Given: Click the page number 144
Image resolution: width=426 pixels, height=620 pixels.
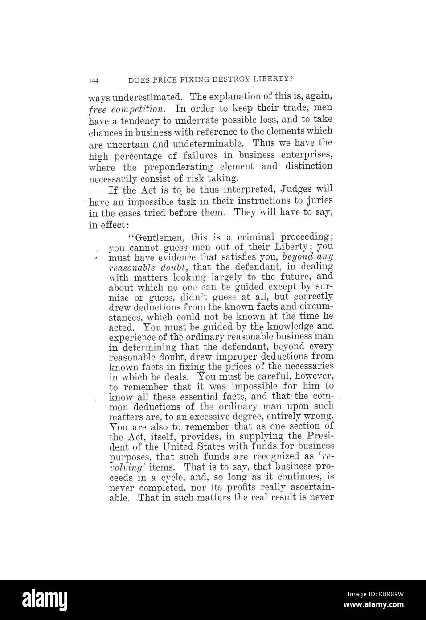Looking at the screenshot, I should coord(94,81).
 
